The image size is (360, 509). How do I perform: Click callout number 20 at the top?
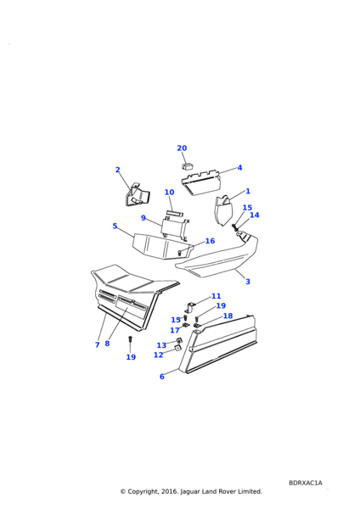pyautogui.click(x=182, y=148)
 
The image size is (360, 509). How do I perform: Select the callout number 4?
pyautogui.click(x=239, y=168)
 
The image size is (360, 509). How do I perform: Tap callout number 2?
pyautogui.click(x=118, y=170)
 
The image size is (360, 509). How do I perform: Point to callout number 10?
pyautogui.click(x=169, y=193)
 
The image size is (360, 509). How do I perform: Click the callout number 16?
pyautogui.click(x=211, y=241)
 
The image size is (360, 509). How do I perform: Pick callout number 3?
pyautogui.click(x=248, y=282)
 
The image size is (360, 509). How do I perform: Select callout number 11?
pyautogui.click(x=216, y=296)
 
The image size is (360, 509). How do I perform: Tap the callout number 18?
pyautogui.click(x=228, y=316)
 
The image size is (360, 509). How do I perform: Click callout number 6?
pyautogui.click(x=162, y=377)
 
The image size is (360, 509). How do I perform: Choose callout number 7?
pyautogui.click(x=97, y=344)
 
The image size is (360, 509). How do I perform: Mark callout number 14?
pyautogui.click(x=255, y=215)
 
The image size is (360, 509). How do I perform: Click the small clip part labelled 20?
pyautogui.click(x=187, y=166)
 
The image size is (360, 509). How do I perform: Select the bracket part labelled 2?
pyautogui.click(x=137, y=195)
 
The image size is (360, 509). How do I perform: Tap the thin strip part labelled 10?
pyautogui.click(x=174, y=213)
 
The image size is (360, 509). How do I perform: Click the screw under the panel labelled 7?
pyautogui.click(x=130, y=338)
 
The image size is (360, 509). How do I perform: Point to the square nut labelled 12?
pyautogui.click(x=177, y=348)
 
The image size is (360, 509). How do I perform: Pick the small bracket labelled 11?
pyautogui.click(x=189, y=307)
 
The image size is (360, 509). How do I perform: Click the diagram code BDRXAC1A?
pyautogui.click(x=306, y=483)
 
